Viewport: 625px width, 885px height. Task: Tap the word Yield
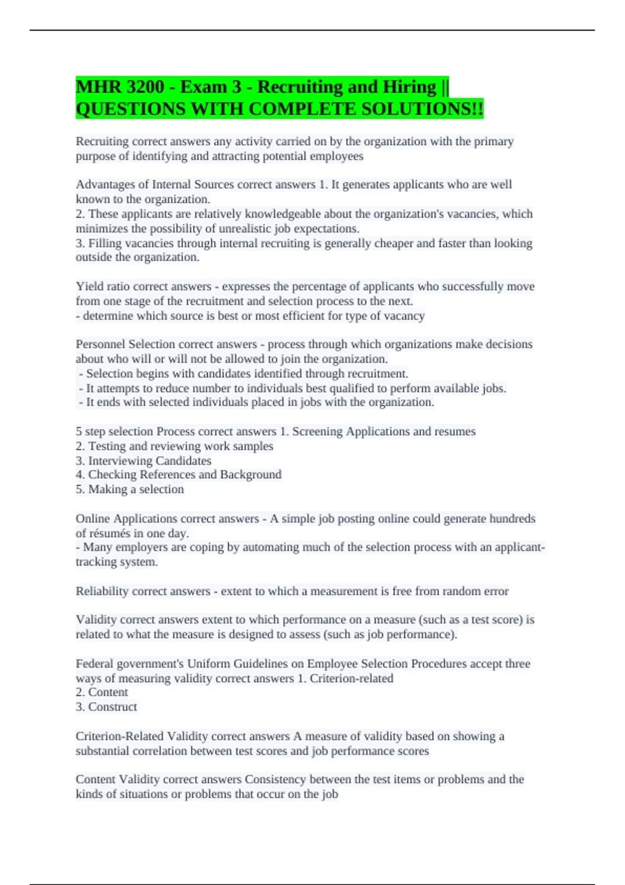89,286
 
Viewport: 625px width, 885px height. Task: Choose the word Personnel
101,344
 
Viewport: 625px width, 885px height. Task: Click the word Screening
317,432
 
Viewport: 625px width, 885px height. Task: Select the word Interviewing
121,461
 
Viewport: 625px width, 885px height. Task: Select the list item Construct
113,707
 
